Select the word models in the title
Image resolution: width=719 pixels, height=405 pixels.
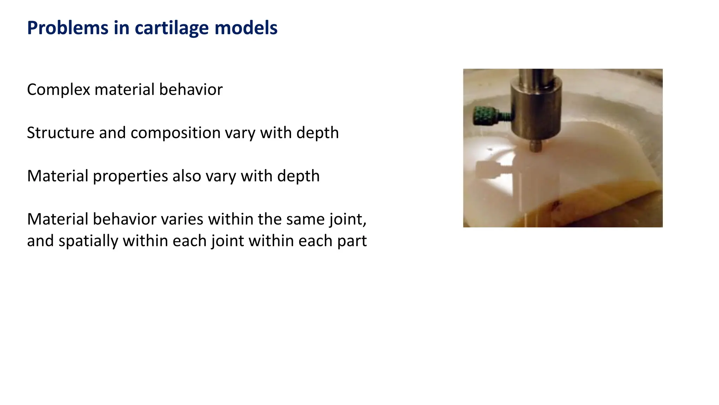pos(246,28)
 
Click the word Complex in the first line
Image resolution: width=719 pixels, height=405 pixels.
pos(59,90)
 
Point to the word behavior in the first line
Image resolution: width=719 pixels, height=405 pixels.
pos(191,90)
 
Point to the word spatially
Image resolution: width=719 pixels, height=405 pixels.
pos(88,242)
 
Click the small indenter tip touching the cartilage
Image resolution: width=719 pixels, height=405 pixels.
pos(535,146)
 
